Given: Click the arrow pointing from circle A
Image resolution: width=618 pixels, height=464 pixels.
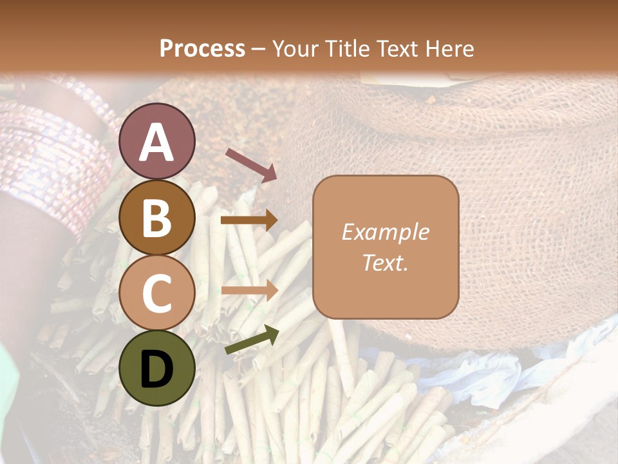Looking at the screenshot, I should [x=250, y=164].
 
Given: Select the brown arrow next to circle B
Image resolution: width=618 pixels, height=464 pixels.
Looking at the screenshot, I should [x=249, y=220].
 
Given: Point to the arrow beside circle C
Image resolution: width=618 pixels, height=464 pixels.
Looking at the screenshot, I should [x=249, y=290].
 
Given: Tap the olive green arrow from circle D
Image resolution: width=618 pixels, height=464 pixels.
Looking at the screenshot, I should [x=252, y=340].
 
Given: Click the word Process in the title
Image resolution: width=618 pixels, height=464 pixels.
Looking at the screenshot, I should [x=202, y=48].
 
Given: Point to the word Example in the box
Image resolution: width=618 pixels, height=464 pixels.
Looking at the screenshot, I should [x=385, y=232].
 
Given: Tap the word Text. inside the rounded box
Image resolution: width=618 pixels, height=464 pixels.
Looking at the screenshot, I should [x=385, y=263].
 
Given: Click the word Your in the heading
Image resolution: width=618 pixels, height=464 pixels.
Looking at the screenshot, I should [x=294, y=48].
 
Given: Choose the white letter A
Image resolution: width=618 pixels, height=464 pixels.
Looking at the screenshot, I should [x=156, y=143].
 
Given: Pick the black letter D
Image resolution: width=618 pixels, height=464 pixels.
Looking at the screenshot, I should [x=156, y=370].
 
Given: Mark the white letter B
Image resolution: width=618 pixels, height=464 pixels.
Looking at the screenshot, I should [x=156, y=218].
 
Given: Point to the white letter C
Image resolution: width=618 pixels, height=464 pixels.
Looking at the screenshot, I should [x=156, y=293].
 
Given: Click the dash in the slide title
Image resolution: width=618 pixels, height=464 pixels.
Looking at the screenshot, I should [x=259, y=49].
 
